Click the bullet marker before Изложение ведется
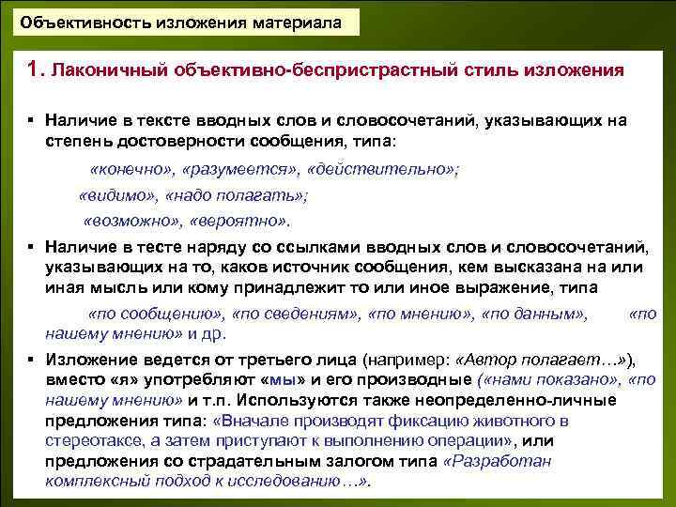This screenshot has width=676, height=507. point(31,360)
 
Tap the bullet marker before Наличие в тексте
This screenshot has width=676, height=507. point(31,122)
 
